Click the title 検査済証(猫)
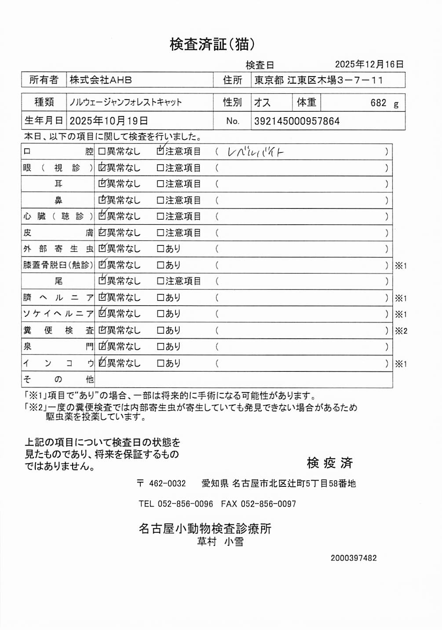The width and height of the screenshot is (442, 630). [x=212, y=44]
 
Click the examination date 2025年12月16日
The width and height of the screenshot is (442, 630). [x=369, y=64]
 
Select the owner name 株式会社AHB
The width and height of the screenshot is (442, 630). [x=101, y=80]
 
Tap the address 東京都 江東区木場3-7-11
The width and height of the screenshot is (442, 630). [x=318, y=80]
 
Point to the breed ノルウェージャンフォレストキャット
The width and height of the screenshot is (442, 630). [x=125, y=103]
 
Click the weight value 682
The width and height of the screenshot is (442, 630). [x=378, y=103]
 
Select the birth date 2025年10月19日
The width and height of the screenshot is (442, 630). [x=109, y=121]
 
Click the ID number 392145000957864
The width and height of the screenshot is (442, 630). [x=297, y=121]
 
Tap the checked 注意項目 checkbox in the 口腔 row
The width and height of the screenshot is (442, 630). [x=161, y=151]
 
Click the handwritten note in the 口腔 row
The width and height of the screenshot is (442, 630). [x=255, y=152]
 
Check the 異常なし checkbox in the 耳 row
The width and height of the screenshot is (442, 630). [x=102, y=184]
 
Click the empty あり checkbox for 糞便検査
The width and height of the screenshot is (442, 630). [x=161, y=330]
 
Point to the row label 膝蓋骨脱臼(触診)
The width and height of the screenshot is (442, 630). [x=58, y=265]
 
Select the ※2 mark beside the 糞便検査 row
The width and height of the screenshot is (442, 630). [x=401, y=331]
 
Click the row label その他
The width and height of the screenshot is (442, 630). [x=58, y=379]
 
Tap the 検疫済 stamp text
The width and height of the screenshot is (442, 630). [x=329, y=463]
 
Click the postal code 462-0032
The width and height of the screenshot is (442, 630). [x=167, y=483]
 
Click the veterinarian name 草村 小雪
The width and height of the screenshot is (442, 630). [x=220, y=542]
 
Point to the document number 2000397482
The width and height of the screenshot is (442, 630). [x=354, y=558]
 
